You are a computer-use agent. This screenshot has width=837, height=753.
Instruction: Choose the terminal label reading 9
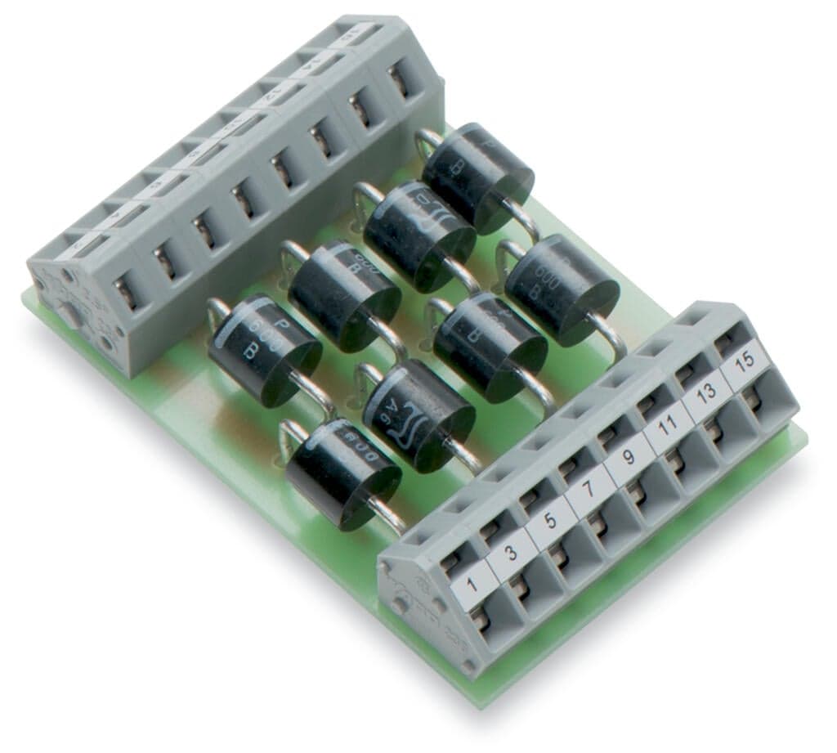[x=626, y=462]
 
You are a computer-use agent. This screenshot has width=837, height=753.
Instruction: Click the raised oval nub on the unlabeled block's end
[x=73, y=314]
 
